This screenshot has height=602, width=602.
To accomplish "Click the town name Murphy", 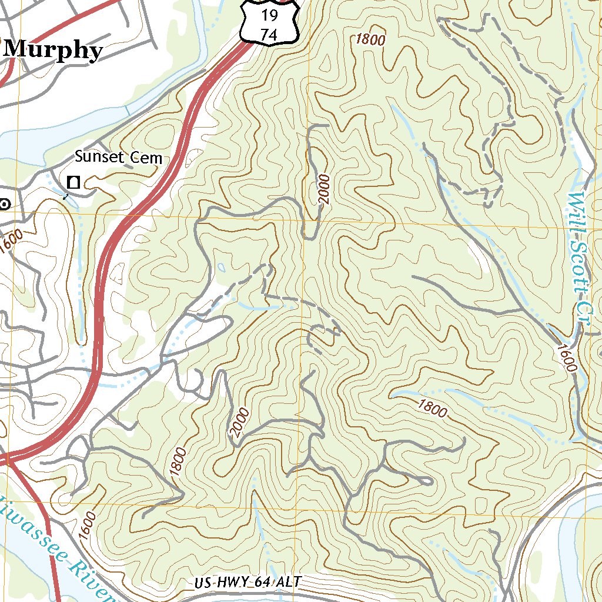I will (53, 51).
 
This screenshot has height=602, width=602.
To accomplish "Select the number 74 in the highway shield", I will (269, 35).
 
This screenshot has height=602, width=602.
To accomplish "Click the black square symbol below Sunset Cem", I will (73, 182).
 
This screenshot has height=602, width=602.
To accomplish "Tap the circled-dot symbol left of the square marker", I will (5, 204).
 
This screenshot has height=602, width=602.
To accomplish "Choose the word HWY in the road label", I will (232, 583).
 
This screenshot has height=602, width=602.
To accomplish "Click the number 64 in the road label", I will (262, 583).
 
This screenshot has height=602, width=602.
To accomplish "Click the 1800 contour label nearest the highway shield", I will (370, 40).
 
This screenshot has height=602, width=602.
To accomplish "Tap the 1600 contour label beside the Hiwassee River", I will (86, 526).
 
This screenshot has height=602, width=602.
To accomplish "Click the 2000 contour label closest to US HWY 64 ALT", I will (240, 423).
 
